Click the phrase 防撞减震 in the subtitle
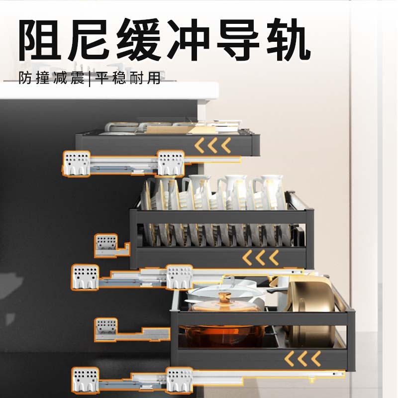[52, 78]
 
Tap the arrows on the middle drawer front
[260, 258]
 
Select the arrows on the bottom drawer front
[303, 358]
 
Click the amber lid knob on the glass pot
[222, 300]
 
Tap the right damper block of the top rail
[171, 163]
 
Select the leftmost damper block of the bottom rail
[85, 380]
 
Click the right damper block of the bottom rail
[179, 380]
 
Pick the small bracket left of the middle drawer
[105, 244]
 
